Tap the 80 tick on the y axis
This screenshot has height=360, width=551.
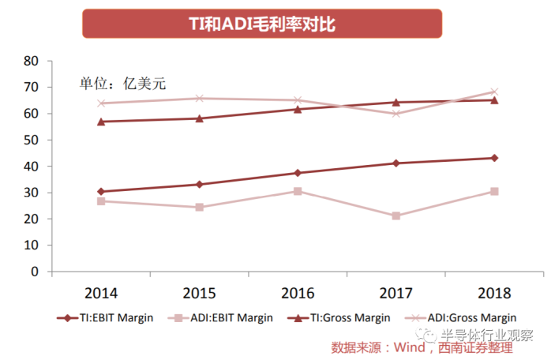point(32,61)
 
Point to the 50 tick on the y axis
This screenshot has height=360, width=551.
point(32,140)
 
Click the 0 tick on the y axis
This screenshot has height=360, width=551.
point(35,272)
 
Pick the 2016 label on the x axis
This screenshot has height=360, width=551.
point(298,294)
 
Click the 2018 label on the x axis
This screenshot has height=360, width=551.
point(494,294)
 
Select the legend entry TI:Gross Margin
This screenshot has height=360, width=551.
point(345,318)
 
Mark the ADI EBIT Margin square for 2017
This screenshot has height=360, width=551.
point(396,216)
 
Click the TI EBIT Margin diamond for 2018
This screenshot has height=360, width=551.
point(494,158)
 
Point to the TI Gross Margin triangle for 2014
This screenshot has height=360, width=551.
point(101,122)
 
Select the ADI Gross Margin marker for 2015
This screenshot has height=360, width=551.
point(199,99)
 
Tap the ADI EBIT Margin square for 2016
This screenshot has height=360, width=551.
point(298,191)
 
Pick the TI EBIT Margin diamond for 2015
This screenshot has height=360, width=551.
point(199,184)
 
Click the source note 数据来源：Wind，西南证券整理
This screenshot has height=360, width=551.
point(433,347)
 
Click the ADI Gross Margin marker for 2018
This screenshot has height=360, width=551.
point(494,92)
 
